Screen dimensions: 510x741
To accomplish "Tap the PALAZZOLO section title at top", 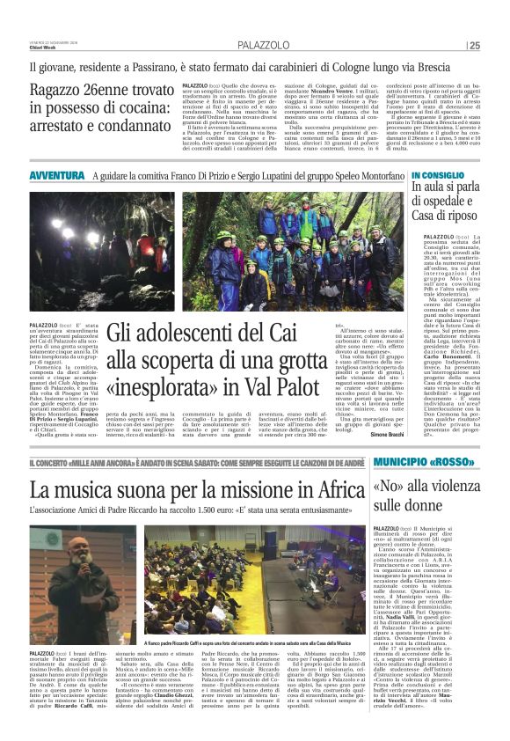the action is [261, 45].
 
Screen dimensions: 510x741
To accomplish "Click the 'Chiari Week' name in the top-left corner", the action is [40, 49].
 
